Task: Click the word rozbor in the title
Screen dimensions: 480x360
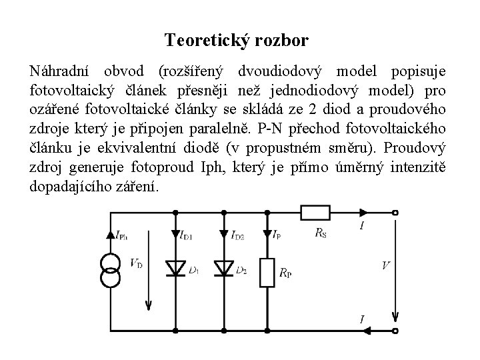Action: point(285,41)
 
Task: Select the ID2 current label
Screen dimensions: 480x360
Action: point(237,234)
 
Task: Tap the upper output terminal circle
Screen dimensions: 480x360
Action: point(395,213)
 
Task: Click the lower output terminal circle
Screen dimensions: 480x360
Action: point(395,329)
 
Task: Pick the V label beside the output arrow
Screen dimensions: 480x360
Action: point(385,265)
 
